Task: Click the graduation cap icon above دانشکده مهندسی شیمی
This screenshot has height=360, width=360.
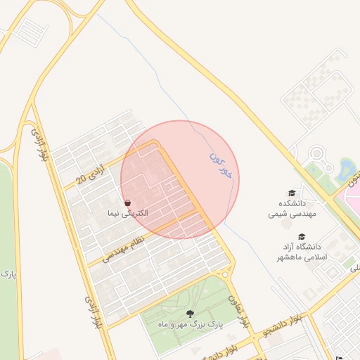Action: [291, 193]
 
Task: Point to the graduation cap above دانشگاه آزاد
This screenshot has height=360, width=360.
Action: [302, 237]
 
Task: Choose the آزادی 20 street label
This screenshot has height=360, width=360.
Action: [82, 180]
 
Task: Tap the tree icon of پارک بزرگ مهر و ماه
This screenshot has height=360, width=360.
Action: [189, 314]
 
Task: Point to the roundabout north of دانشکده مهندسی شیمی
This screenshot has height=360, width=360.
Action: [316, 153]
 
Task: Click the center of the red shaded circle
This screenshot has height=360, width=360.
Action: [180, 180]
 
